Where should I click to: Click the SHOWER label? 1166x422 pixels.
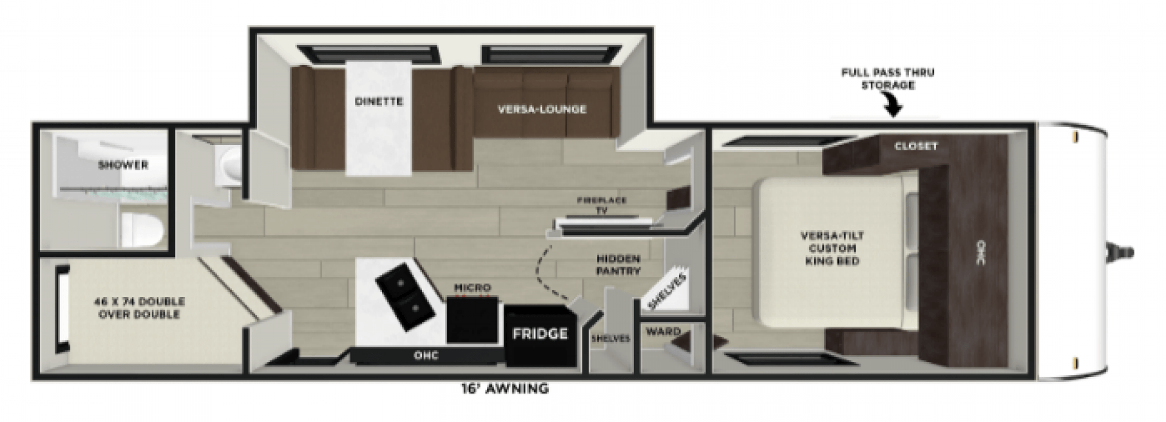click(123, 165)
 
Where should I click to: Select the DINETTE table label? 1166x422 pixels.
click(379, 101)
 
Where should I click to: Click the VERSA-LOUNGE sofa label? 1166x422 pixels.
click(542, 109)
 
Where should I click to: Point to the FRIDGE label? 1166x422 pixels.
click(540, 333)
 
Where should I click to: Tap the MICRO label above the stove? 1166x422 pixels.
click(472, 287)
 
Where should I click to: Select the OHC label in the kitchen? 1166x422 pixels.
click(426, 355)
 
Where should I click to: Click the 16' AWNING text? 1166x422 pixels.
click(505, 389)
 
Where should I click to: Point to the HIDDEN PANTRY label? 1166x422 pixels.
click(618, 265)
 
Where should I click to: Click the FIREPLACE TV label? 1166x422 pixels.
click(601, 205)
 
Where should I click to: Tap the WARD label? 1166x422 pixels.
click(663, 332)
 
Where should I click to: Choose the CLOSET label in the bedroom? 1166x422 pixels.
click(916, 146)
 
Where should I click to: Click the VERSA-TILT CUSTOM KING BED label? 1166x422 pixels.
click(832, 248)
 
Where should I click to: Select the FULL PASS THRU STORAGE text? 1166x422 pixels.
click(887, 78)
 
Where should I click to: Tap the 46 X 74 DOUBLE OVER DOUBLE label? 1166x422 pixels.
click(139, 308)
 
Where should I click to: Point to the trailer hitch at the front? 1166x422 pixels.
click(1117, 252)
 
